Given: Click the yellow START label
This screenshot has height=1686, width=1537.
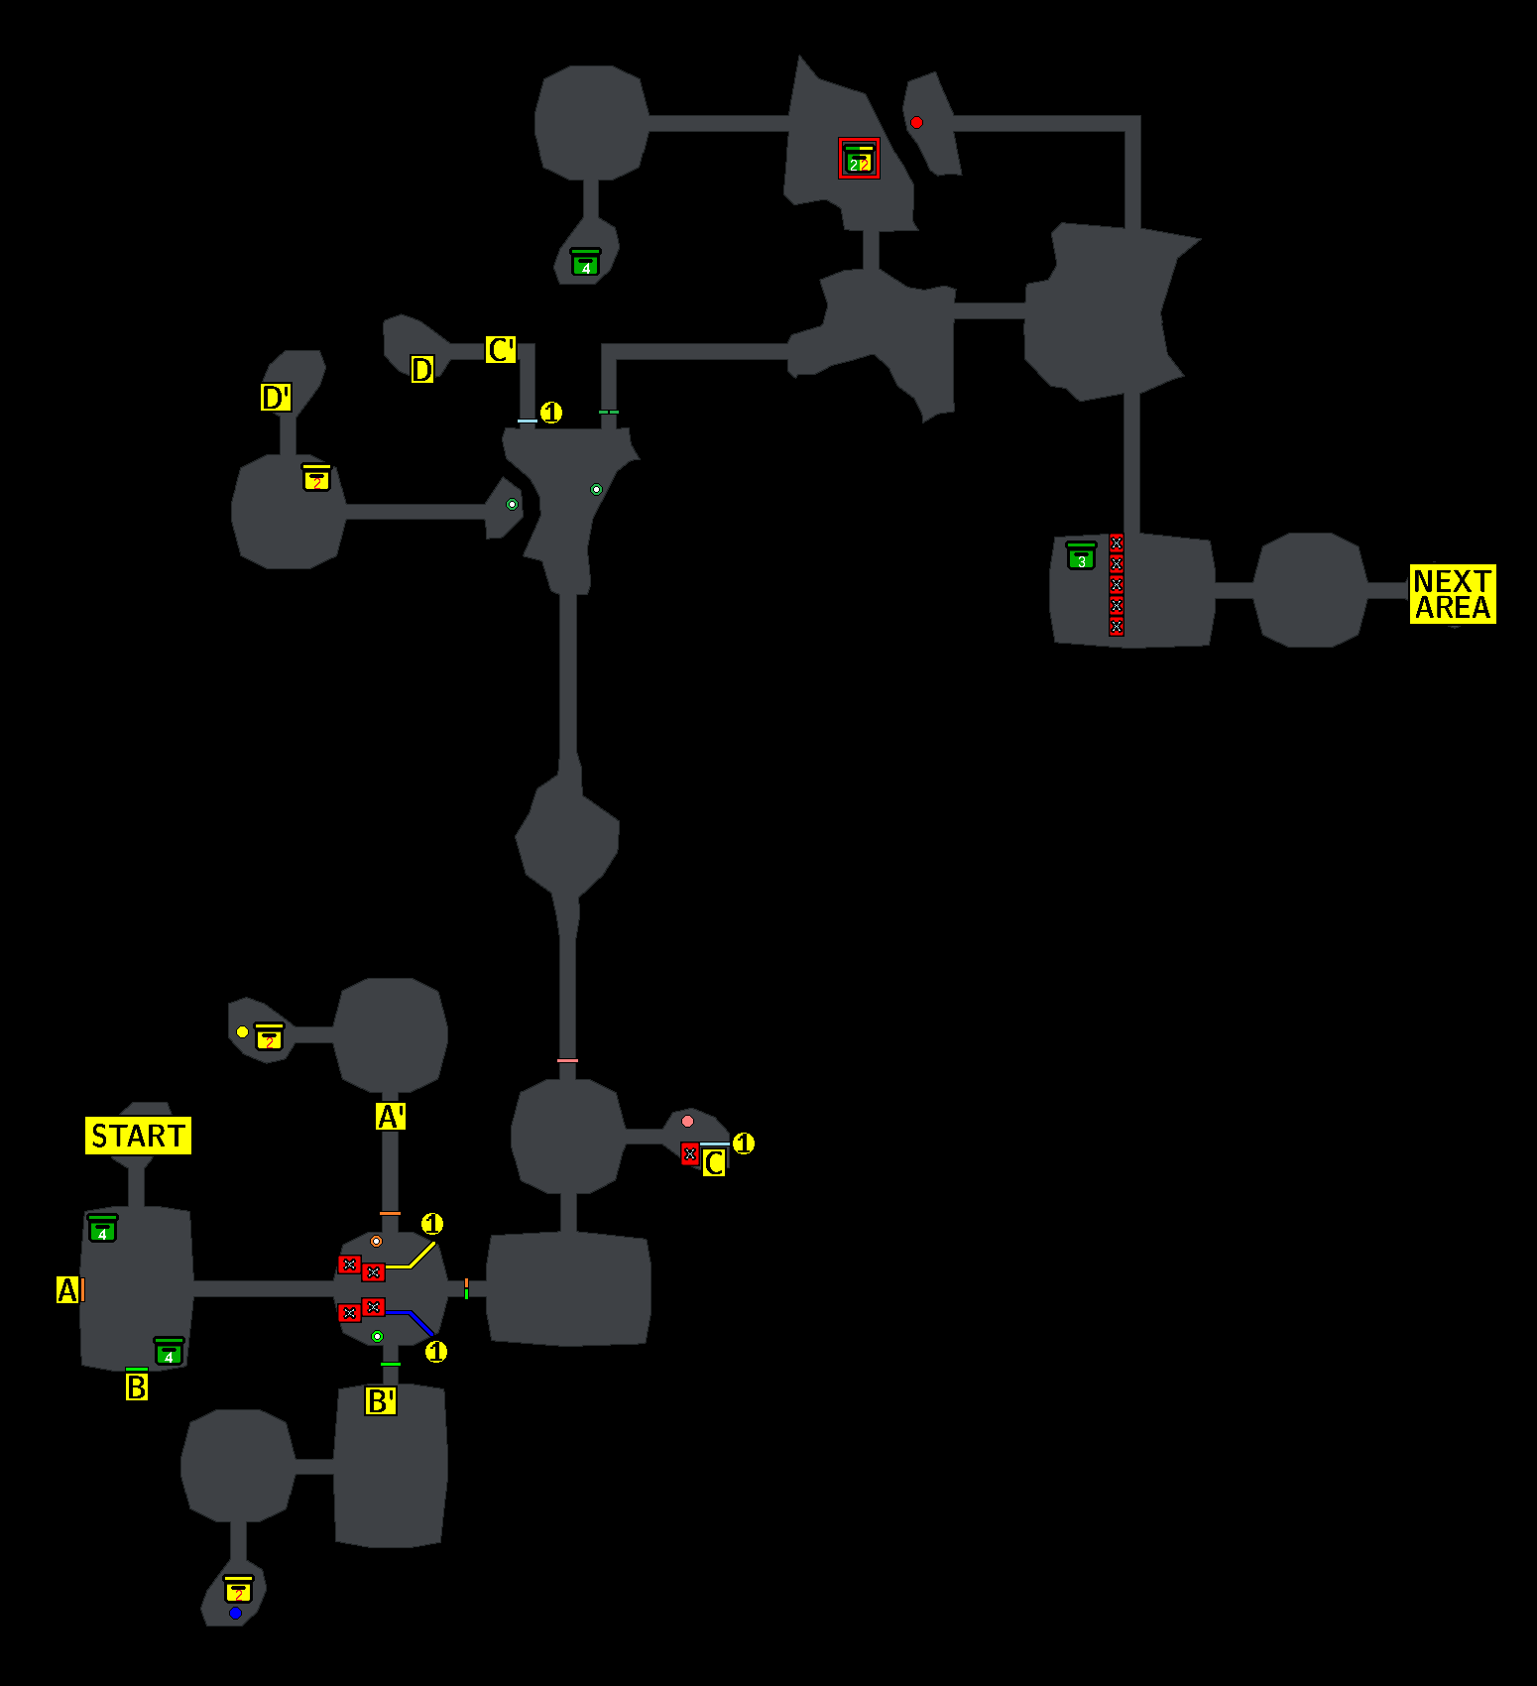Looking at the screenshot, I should pos(138,1136).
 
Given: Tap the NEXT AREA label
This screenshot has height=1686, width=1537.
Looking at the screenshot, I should pos(1453,594).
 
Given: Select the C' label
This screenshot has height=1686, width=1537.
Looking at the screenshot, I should pos(501,350).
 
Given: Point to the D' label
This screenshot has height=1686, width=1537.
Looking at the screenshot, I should pos(276,398).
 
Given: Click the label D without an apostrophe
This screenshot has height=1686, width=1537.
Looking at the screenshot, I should pos(422,370).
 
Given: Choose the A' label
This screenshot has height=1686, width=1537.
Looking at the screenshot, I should pos(391,1117).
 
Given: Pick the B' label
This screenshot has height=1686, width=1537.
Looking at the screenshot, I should pos(381,1401).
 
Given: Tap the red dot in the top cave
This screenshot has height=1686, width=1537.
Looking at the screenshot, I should pos(916,123).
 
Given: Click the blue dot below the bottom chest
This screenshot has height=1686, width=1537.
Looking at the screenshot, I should pos(235,1614).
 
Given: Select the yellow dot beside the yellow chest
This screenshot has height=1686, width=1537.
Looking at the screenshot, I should pos(242,1032).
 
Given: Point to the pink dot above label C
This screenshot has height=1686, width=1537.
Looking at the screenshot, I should pos(687,1122).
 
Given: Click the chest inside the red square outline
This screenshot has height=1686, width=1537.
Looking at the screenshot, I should pos(859,159).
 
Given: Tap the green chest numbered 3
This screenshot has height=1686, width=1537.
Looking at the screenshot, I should pos(1081,556).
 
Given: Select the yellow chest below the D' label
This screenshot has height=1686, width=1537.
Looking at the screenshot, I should pos(316,478).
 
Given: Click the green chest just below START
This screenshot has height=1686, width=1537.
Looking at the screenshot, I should pos(102,1229).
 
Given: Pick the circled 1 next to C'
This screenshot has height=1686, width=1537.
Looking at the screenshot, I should pos(551,412).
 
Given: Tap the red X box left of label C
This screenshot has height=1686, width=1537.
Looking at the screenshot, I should pos(690,1154).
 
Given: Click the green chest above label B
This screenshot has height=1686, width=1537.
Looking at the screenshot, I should pos(169,1352).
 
